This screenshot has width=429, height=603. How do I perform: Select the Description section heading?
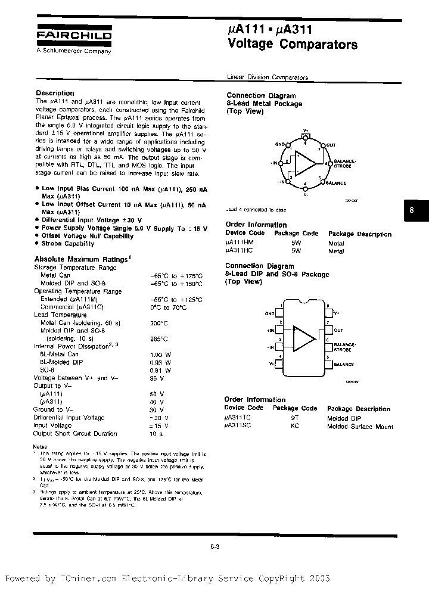(x=55, y=93)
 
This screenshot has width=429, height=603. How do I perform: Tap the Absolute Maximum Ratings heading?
(x=81, y=259)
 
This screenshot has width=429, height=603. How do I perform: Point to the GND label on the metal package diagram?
(x=281, y=144)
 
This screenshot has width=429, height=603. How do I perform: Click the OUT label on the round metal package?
(x=331, y=145)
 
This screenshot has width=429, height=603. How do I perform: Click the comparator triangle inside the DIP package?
(x=304, y=338)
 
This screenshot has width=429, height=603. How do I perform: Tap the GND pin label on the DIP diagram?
(x=269, y=313)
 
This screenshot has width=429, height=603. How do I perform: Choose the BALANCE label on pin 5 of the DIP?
(x=344, y=364)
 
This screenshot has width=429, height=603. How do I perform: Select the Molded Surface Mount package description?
(x=360, y=427)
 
